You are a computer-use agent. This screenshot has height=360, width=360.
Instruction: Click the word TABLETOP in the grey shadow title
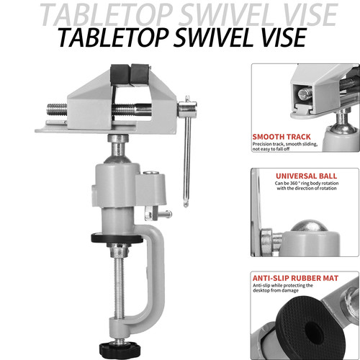(107, 14)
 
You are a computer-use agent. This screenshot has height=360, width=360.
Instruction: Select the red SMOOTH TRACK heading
(282, 137)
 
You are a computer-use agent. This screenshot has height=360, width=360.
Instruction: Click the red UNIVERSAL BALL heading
(306, 176)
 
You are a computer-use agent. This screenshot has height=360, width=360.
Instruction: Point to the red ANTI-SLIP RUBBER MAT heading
(295, 278)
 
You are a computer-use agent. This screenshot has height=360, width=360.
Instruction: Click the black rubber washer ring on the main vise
(117, 238)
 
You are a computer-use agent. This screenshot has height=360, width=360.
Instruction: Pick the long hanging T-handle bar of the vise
(187, 151)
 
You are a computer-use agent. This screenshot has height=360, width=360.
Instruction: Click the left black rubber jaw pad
(120, 74)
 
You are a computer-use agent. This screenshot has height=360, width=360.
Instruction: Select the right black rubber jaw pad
(140, 74)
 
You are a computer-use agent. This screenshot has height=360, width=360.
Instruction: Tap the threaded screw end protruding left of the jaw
(57, 109)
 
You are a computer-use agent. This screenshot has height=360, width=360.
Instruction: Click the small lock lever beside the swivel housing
(158, 214)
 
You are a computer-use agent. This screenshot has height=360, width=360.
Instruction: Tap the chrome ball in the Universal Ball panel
(310, 225)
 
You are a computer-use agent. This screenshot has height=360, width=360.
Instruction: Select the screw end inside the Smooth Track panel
(305, 94)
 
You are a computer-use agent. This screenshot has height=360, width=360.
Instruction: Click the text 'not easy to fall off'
(271, 149)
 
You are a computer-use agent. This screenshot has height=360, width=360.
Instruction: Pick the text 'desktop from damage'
(276, 290)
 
